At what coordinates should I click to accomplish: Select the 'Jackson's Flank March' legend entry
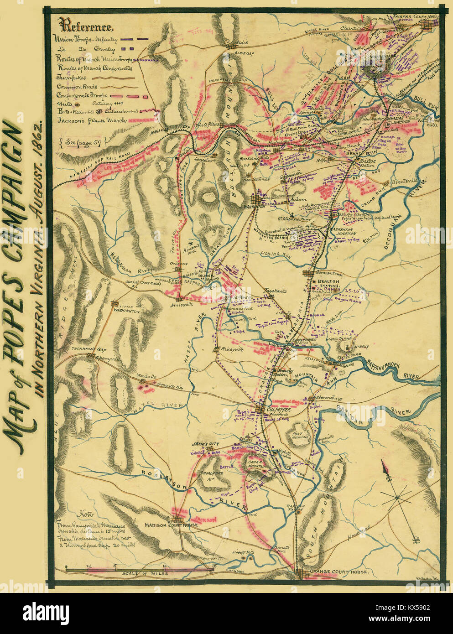(x=84, y=121)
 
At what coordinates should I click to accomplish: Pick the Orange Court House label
(x=337, y=571)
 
